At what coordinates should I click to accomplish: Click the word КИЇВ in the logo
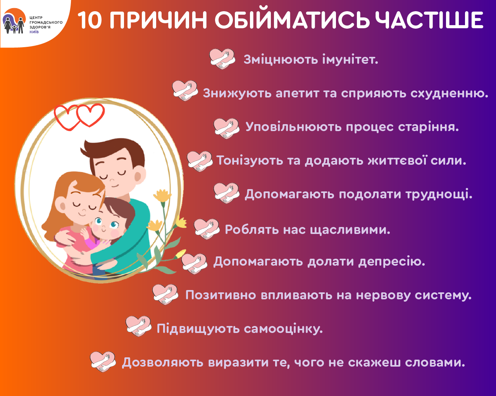tap(34, 32)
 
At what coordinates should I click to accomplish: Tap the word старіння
tap(428, 127)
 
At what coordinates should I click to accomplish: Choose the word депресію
tap(392, 262)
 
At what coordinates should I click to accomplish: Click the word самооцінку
tap(283, 329)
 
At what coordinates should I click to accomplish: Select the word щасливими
tap(350, 230)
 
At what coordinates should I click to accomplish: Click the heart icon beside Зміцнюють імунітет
tap(222, 59)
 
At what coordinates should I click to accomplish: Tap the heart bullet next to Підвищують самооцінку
tap(138, 326)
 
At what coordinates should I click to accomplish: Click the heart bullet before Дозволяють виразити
tap(103, 362)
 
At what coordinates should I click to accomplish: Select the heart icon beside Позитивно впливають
tap(165, 295)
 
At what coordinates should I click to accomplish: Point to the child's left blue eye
tap(98, 221)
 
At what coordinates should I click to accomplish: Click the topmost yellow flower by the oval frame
tap(162, 196)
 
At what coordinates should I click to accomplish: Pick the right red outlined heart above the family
tap(91, 115)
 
